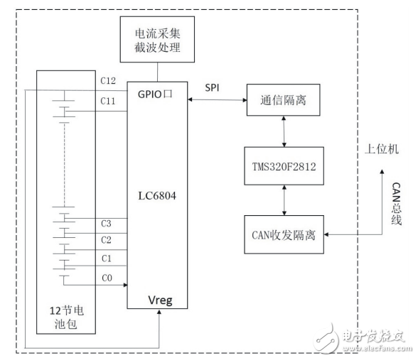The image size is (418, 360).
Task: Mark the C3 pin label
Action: tap(107, 224)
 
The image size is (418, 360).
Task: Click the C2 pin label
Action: tap(107, 239)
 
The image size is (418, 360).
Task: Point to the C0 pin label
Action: tap(107, 278)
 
